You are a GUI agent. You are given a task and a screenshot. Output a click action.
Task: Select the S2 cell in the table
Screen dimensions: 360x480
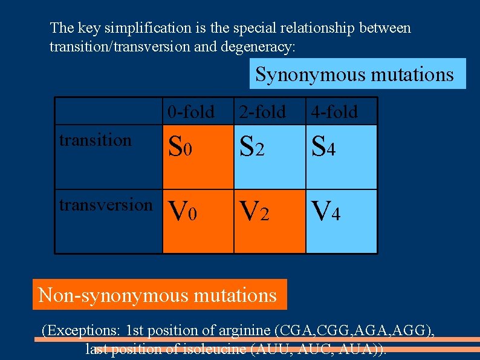click(x=269, y=157)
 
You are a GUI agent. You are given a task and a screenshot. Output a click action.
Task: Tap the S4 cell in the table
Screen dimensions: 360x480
click(x=342, y=157)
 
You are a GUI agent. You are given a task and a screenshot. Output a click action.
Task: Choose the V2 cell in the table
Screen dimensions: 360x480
click(x=269, y=221)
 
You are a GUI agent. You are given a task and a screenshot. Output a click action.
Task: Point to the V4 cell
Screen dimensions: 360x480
click(x=342, y=221)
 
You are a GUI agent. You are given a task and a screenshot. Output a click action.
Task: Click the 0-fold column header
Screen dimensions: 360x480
click(x=191, y=112)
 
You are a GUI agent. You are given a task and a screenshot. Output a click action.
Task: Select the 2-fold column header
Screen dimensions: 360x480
click(x=262, y=112)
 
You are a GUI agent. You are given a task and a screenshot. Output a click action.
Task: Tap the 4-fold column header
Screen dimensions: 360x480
click(x=334, y=112)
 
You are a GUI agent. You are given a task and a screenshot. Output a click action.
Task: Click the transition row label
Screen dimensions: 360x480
click(x=95, y=140)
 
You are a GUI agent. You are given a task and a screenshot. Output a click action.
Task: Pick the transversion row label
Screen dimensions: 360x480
click(x=106, y=205)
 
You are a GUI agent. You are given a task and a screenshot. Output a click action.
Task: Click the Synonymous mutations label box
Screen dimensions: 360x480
click(x=354, y=74)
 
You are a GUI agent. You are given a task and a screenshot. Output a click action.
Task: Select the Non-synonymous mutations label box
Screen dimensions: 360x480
click(x=157, y=295)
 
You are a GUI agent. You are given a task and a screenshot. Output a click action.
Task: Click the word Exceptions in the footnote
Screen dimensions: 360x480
click(x=83, y=331)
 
